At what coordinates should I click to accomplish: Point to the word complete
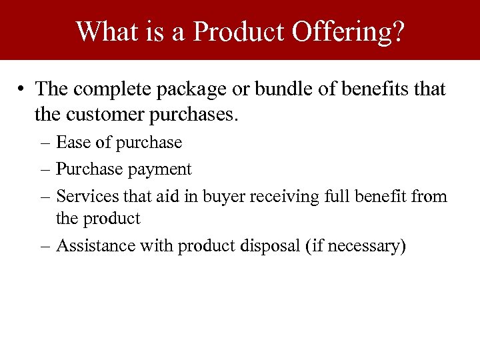pos(107,89)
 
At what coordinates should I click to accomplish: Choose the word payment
pos(160,170)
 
